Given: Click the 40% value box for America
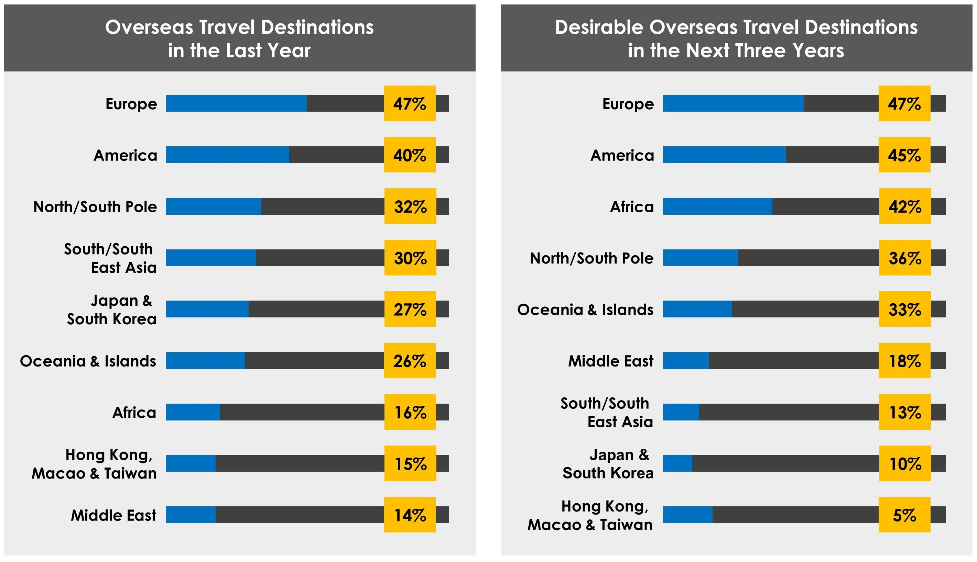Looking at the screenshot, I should coord(410,155).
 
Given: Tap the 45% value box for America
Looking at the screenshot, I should coord(904,155).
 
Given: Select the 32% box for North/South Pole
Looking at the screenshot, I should coord(410,206).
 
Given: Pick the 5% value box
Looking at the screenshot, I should coord(904,515).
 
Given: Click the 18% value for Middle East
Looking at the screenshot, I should coord(904,360).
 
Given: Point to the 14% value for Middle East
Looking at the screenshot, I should coord(410,515).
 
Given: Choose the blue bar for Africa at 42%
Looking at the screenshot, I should coord(717,206).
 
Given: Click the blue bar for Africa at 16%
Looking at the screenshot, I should coord(193,412).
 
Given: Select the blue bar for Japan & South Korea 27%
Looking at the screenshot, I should coord(207,309).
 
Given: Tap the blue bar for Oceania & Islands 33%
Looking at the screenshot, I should coord(697,309).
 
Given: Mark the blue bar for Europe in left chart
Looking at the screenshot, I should coord(236,103).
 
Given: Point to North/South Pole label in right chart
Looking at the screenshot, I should coord(591,258).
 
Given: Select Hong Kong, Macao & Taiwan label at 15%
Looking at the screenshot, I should coord(94,463).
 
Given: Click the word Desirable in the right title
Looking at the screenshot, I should coord(598,27).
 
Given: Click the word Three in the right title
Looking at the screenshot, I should coord(760,50).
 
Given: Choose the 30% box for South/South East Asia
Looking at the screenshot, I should coord(410,257).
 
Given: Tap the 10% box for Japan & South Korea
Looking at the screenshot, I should coord(905,463).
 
